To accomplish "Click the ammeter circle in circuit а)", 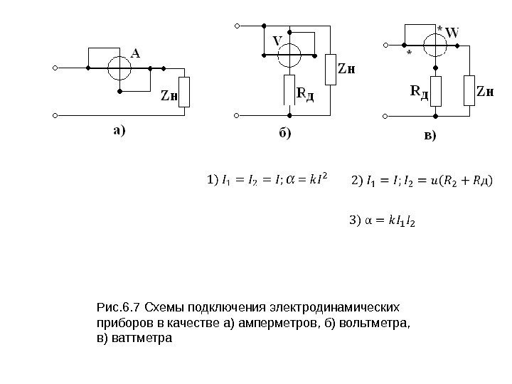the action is [x=119, y=69].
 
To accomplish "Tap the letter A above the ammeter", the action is [x=135, y=51].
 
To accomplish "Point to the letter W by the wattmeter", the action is [x=452, y=31].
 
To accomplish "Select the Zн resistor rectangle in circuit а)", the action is [x=184, y=92].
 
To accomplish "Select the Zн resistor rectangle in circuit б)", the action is [x=329, y=69].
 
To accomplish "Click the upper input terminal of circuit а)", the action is [x=55, y=69].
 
